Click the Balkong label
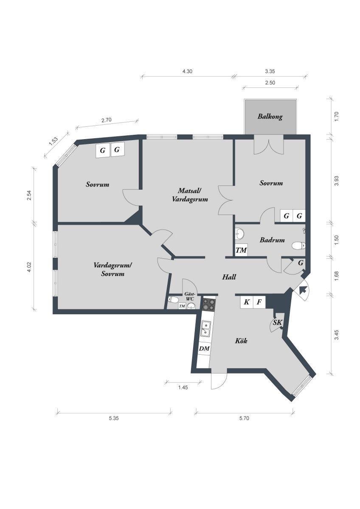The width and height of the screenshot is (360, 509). pyautogui.click(x=270, y=117)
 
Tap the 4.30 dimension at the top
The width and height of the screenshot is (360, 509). pyautogui.click(x=187, y=71)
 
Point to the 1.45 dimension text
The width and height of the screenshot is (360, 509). pyautogui.click(x=183, y=387)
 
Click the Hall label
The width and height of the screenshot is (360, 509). pyautogui.click(x=229, y=277)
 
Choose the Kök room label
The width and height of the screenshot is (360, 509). pyautogui.click(x=241, y=341)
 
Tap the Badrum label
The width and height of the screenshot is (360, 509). pyautogui.click(x=272, y=240)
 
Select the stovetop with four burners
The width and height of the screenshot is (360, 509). pyautogui.click(x=209, y=305)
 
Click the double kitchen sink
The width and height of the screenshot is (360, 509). pyautogui.click(x=205, y=329)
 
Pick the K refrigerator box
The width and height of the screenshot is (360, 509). pyautogui.click(x=247, y=302)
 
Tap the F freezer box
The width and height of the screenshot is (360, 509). pyautogui.click(x=259, y=302)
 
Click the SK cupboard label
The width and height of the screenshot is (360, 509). pyautogui.click(x=277, y=322)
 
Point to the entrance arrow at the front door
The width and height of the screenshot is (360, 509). pyautogui.click(x=303, y=290)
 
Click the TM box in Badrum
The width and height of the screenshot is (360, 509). pyautogui.click(x=241, y=250)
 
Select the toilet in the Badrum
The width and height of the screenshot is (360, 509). pyautogui.click(x=298, y=246)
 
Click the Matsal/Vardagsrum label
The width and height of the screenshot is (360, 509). pyautogui.click(x=190, y=195)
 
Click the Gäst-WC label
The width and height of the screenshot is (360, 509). pyautogui.click(x=189, y=296)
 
